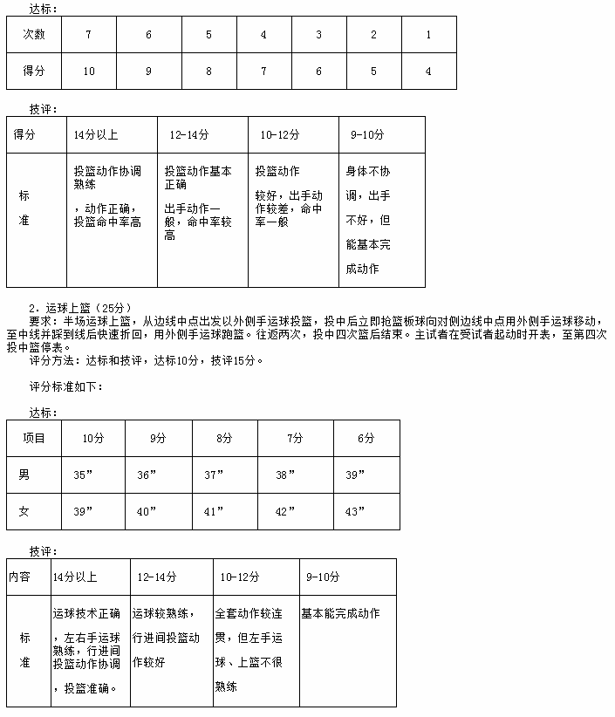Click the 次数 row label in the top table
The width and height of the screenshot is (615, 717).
(35, 34)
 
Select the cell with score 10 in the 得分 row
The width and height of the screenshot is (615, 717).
(89, 72)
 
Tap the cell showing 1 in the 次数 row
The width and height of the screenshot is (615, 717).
(428, 34)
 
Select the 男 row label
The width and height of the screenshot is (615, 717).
(24, 475)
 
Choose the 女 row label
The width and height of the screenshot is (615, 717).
(24, 511)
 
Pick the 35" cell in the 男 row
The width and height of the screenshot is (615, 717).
(84, 475)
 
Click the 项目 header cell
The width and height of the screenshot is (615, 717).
(34, 438)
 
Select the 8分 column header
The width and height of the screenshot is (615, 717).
(224, 438)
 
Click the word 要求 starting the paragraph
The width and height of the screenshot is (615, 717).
(40, 320)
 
